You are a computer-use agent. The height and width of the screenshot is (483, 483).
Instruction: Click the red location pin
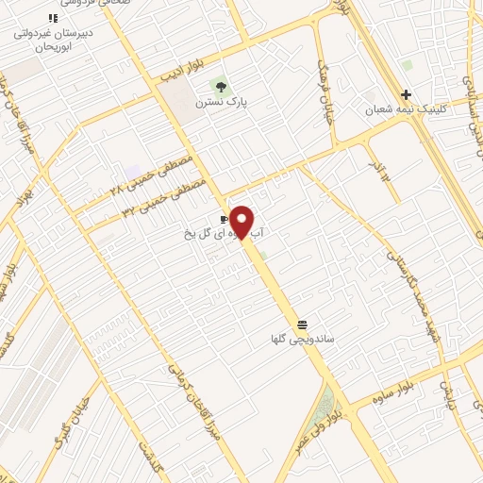[x=241, y=222]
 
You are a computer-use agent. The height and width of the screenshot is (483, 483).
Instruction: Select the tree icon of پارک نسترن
[x=223, y=88]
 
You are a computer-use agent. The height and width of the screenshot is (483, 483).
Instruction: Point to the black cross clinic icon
[x=406, y=94]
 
